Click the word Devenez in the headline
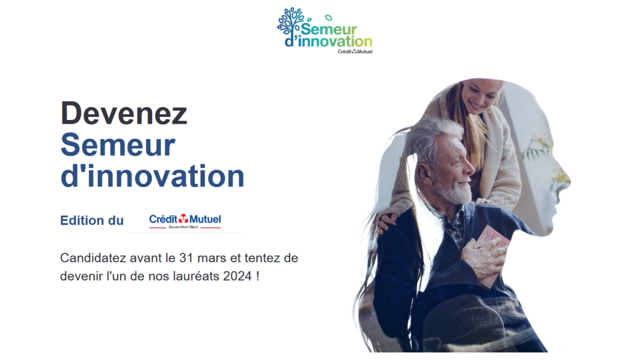tap(124, 113)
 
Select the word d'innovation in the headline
tap(153, 176)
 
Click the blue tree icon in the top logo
tap(290, 22)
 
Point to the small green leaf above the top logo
tap(329, 18)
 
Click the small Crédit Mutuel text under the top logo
tap(355, 52)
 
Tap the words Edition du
tap(92, 221)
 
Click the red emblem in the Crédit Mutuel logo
tap(183, 219)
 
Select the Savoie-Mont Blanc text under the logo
tap(183, 227)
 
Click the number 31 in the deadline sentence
tap(186, 258)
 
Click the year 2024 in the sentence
tap(238, 276)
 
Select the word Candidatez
tap(93, 258)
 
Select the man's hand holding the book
tap(483, 259)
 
